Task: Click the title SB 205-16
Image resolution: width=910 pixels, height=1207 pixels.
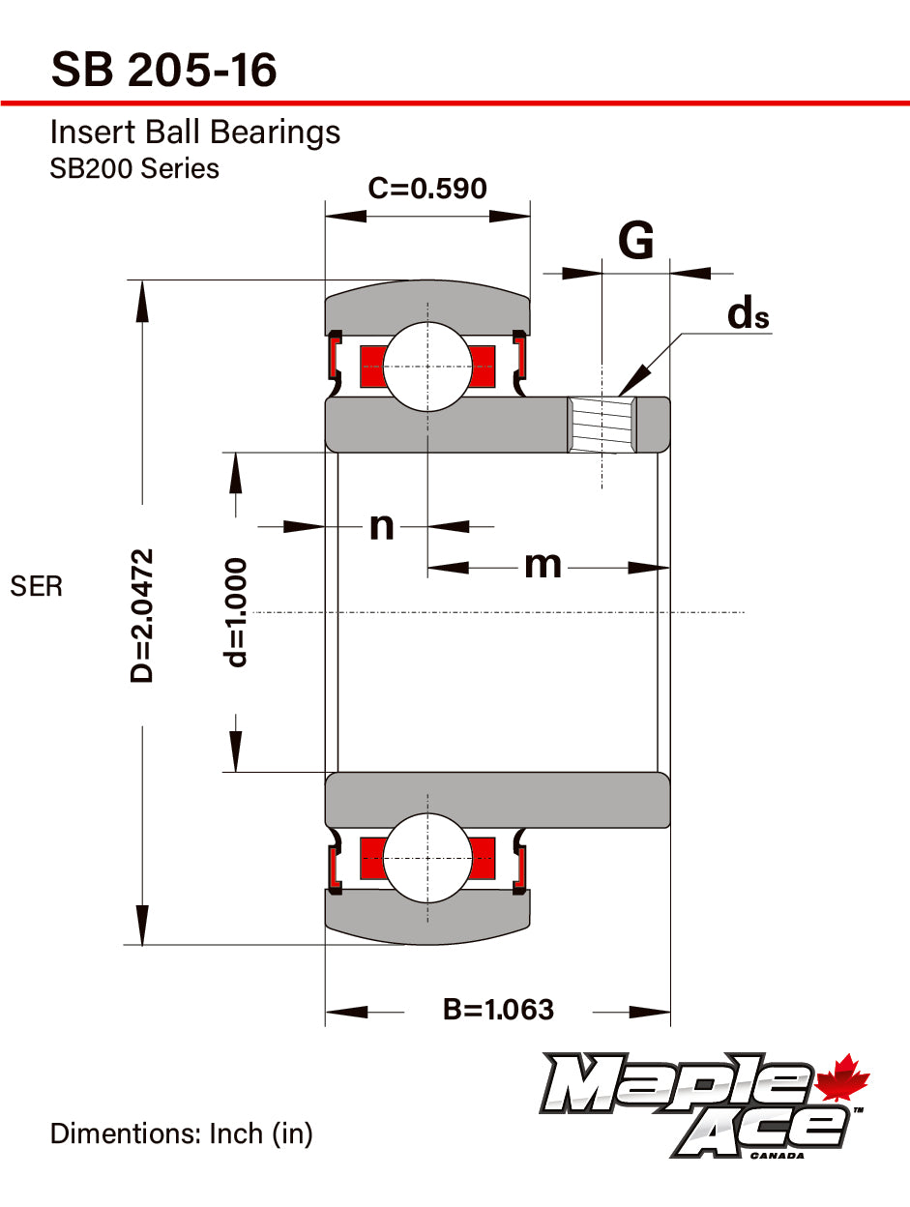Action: tap(163, 70)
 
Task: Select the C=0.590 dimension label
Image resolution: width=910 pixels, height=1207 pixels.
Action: tap(427, 188)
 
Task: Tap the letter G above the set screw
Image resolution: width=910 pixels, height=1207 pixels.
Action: tap(636, 240)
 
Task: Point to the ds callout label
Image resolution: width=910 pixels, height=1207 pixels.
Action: tap(748, 313)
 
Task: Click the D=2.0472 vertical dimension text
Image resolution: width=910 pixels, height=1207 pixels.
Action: tap(141, 615)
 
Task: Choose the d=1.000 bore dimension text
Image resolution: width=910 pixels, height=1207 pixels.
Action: tap(235, 612)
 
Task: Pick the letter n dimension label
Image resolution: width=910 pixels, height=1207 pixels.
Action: tap(382, 526)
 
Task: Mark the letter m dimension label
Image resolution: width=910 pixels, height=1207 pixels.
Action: tap(543, 565)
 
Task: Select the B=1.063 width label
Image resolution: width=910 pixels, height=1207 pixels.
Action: tap(498, 1010)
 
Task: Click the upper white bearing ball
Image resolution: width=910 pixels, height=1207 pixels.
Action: tap(427, 367)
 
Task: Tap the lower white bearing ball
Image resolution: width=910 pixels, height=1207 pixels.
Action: tap(427, 858)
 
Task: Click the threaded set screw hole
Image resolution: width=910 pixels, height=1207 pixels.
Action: tap(602, 425)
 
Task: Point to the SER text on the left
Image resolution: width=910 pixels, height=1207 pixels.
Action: tap(37, 586)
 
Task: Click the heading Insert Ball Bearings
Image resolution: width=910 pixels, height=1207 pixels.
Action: tap(195, 132)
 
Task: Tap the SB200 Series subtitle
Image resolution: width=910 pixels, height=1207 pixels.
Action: tap(134, 169)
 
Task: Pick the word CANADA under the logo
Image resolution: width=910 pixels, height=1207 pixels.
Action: tap(777, 1156)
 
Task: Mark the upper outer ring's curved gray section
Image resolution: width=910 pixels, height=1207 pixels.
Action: tap(427, 307)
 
